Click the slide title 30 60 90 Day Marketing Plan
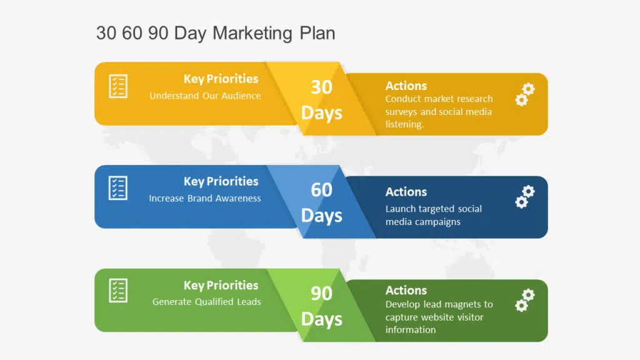tap(216, 33)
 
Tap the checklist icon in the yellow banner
tap(118, 86)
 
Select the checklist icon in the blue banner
tap(118, 188)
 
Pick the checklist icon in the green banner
tap(118, 291)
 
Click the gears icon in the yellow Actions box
tap(525, 95)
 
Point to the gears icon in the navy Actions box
tap(525, 197)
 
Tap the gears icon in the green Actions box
tap(525, 301)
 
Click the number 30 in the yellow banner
tap(322, 87)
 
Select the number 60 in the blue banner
tap(322, 190)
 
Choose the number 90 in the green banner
tap(322, 294)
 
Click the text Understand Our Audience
tap(205, 96)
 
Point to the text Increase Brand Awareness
tap(205, 198)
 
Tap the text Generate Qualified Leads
tap(206, 302)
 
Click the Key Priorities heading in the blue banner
tap(221, 181)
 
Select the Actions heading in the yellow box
tap(406, 86)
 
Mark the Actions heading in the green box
tap(406, 290)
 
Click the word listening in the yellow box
tap(404, 124)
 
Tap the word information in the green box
tap(411, 330)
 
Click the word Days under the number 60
tap(322, 216)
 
